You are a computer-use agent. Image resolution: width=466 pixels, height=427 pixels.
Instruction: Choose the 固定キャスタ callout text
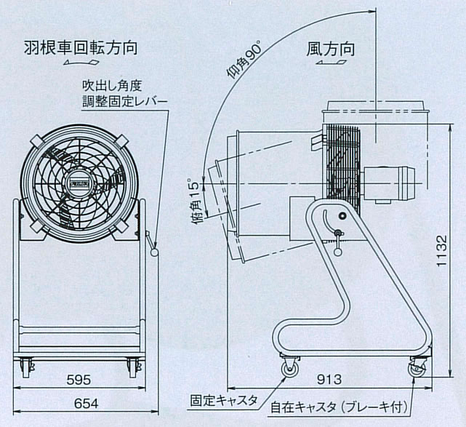223,400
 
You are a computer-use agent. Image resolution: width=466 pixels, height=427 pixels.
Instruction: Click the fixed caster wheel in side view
288,370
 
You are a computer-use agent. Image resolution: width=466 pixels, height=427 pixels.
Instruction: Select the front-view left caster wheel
26,370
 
